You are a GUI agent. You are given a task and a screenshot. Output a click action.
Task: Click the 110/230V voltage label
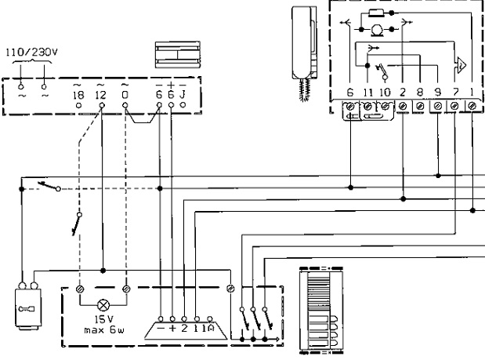[31, 55]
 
